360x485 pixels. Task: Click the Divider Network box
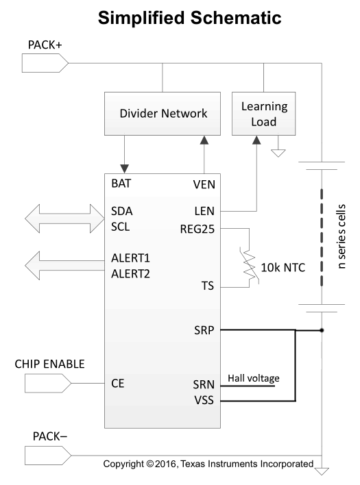[x=163, y=114]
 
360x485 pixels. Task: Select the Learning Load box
[x=264, y=114]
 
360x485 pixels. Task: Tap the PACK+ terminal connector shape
[x=45, y=63]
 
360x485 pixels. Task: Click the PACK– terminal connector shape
[x=48, y=456]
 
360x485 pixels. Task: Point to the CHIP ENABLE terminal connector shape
[x=48, y=383]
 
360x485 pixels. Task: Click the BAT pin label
[x=121, y=184]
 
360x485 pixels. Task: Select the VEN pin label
[x=204, y=185]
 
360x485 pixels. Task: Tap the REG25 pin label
[x=197, y=229]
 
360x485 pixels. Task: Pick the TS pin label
[x=208, y=286]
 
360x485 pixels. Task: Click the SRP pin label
[x=204, y=330]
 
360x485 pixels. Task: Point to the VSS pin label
[x=204, y=400]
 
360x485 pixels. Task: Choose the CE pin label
[x=118, y=384]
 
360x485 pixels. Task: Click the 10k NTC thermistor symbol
[x=249, y=265]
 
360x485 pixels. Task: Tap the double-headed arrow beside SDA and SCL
[x=64, y=219]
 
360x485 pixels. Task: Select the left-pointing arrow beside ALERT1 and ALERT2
[x=64, y=265]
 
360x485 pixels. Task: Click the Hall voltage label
[x=254, y=378]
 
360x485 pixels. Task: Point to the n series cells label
[x=341, y=236]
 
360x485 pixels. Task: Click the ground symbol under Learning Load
[x=278, y=153]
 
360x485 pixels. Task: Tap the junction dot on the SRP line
[x=322, y=330]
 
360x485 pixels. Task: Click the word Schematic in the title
[x=236, y=18]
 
